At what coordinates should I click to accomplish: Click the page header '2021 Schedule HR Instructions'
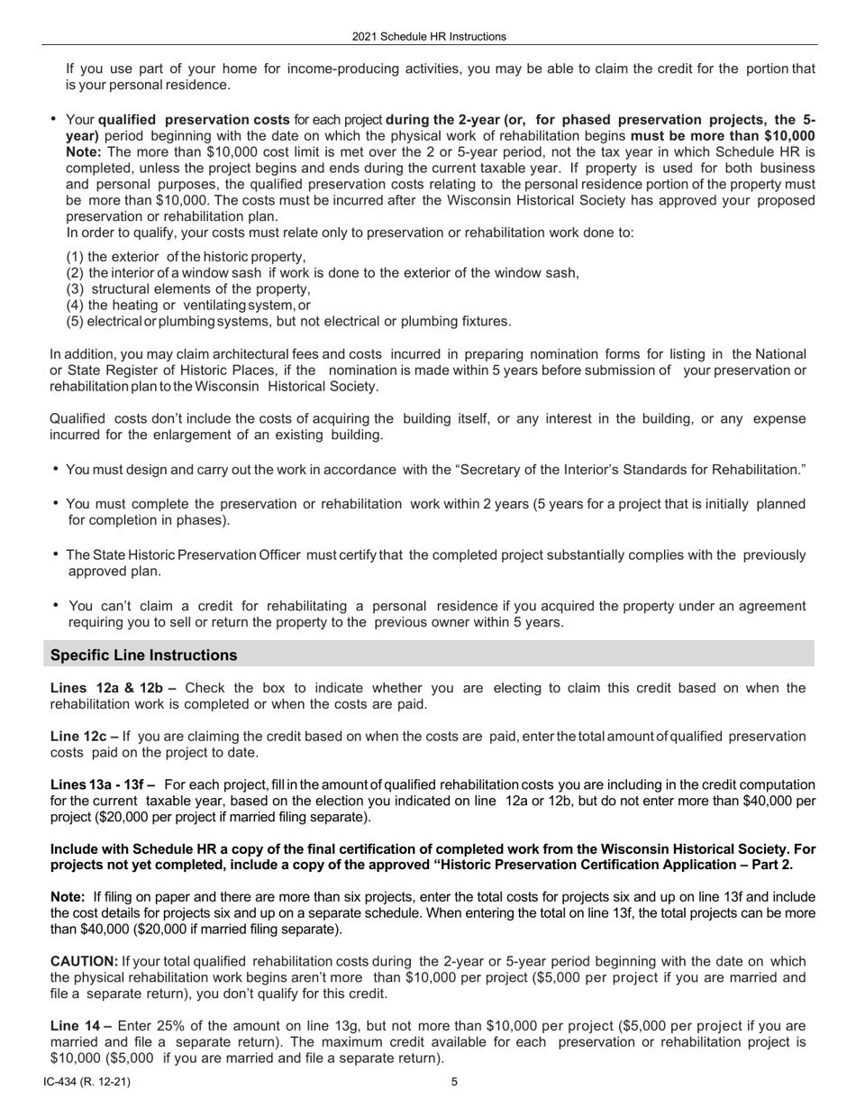coord(429,37)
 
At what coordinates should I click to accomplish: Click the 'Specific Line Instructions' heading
coord(144,655)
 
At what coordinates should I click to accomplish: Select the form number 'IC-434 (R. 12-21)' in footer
coord(86,1083)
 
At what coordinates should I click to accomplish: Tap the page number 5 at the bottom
coord(454,1083)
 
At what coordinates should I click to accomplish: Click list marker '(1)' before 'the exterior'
coord(76,257)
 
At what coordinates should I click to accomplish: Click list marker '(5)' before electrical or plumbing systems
coord(76,322)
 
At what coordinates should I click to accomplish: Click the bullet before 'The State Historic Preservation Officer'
coord(56,554)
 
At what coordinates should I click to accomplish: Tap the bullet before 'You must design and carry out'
coord(56,470)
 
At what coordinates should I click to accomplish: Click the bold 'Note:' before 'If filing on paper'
coord(68,897)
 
